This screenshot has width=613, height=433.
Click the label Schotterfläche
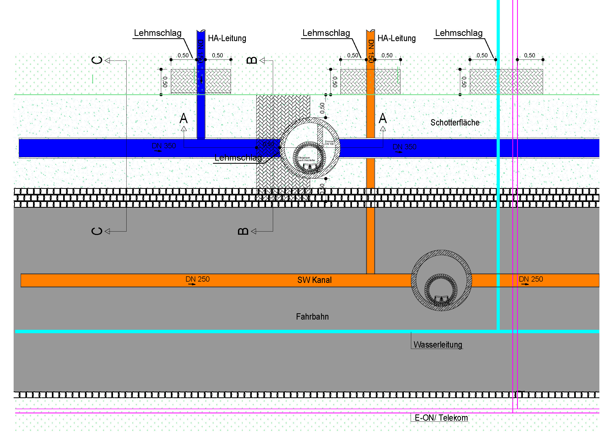tap(455, 123)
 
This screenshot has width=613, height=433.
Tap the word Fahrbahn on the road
tap(312, 317)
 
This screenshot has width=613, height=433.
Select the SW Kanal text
tap(314, 280)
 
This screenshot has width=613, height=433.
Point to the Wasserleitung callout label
tap(438, 345)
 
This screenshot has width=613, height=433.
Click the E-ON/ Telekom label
tap(441, 418)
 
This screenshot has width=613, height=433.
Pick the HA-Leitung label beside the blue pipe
tap(227, 39)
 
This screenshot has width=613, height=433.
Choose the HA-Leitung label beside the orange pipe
tap(397, 39)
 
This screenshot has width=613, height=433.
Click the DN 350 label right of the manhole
tap(404, 147)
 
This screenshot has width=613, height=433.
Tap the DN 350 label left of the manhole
tap(164, 146)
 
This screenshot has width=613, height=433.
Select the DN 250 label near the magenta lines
tap(531, 279)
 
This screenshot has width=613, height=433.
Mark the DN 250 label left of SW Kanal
tap(198, 279)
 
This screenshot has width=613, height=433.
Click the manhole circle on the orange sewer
tap(441, 280)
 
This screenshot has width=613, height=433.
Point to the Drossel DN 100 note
tap(329, 143)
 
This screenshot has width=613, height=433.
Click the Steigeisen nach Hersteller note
tap(306, 159)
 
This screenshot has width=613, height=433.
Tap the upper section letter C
tap(97, 60)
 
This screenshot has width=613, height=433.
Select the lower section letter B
tap(243, 231)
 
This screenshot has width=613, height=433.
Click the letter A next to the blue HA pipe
tap(183, 118)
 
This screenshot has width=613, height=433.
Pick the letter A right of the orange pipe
tap(383, 118)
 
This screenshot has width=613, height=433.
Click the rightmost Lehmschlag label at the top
tap(459, 33)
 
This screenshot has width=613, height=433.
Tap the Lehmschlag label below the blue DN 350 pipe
tap(238, 158)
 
